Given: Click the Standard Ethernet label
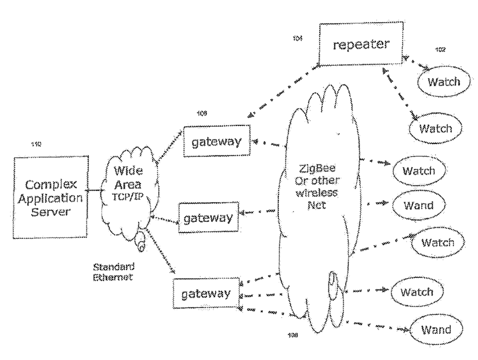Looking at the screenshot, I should (x=114, y=272).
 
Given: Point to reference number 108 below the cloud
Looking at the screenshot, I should (x=293, y=335).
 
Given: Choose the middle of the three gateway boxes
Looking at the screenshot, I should (x=205, y=218).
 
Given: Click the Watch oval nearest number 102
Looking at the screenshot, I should (x=444, y=81).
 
